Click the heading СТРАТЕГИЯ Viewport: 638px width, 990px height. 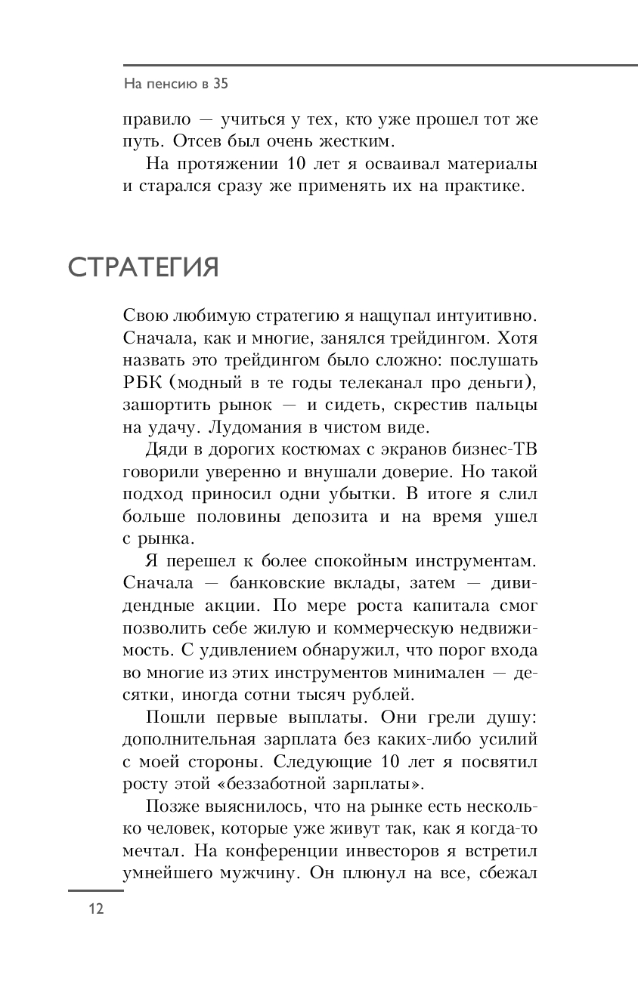pyautogui.click(x=144, y=268)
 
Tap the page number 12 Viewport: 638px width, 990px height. pyautogui.click(x=95, y=908)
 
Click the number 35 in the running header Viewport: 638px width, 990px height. pyautogui.click(x=219, y=85)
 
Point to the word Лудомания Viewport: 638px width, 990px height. pyautogui.click(x=212, y=427)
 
